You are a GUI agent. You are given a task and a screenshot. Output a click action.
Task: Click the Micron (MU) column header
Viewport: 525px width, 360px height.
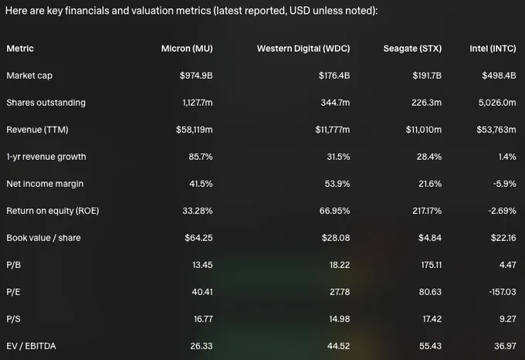click(187, 49)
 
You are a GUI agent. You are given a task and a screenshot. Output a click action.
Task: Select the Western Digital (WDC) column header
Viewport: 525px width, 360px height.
click(303, 49)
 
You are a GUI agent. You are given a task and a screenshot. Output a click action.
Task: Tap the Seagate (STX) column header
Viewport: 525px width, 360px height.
click(412, 49)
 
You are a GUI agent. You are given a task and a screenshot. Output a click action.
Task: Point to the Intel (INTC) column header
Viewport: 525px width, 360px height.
click(493, 49)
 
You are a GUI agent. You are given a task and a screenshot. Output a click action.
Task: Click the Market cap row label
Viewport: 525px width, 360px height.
click(29, 76)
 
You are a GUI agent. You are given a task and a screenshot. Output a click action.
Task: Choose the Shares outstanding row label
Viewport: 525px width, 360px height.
click(46, 103)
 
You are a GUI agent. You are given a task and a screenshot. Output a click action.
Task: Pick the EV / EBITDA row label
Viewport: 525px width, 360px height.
click(31, 346)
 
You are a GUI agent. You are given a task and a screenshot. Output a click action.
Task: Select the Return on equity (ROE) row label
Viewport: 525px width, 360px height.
click(52, 211)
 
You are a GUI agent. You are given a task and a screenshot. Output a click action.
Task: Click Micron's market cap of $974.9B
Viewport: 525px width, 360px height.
click(196, 76)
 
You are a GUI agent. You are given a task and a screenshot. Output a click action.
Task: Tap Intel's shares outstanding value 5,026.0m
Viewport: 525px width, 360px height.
click(497, 103)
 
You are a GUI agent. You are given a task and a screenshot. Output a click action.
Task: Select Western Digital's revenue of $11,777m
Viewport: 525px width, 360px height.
click(333, 130)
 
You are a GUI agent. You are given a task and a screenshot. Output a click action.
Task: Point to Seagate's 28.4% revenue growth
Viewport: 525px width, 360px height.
click(429, 157)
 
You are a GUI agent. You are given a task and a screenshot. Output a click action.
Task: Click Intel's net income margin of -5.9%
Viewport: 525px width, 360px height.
click(505, 184)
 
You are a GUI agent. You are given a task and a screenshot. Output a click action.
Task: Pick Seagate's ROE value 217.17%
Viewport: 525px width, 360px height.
click(427, 211)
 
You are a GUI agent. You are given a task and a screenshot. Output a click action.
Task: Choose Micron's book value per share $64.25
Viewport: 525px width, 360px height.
click(198, 238)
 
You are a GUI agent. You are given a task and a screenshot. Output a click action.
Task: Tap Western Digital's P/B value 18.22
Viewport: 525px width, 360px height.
click(340, 265)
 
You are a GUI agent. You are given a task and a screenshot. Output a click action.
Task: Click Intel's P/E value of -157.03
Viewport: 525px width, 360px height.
click(503, 292)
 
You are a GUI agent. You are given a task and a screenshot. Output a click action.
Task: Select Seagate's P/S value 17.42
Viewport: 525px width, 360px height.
click(432, 319)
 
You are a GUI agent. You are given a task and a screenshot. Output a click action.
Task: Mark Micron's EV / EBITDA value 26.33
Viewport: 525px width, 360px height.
click(202, 346)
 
